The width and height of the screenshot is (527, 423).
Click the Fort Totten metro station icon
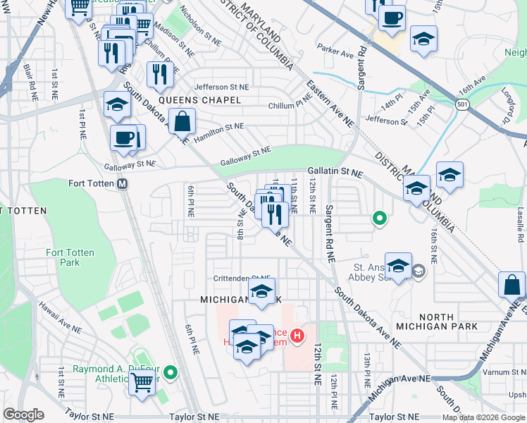point(123,184)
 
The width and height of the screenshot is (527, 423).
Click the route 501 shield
point(462,104)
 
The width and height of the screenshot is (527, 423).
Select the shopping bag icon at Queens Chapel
point(182,121)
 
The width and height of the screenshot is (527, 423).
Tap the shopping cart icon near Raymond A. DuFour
point(142,384)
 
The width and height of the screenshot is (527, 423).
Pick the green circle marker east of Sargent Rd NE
point(379,219)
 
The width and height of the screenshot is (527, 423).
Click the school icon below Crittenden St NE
point(261,291)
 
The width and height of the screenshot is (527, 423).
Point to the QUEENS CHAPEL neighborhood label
point(199,101)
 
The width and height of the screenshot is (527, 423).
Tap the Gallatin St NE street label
point(335,172)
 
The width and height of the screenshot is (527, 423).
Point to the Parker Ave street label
point(335,52)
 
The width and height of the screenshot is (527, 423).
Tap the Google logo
point(23,415)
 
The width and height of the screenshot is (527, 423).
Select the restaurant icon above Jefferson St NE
point(160,73)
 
